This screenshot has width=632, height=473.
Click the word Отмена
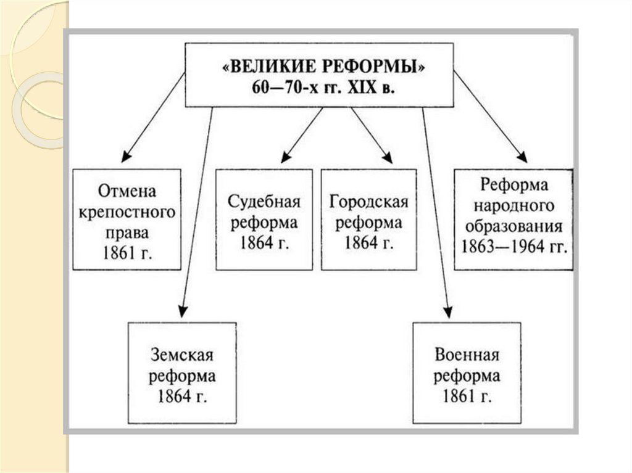pyautogui.click(x=127, y=189)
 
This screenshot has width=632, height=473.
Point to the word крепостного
pyautogui.click(x=127, y=212)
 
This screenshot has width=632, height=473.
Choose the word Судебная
pyautogui.click(x=264, y=201)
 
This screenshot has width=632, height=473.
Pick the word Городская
pyautogui.click(x=369, y=201)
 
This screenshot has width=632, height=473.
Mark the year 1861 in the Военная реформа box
pyautogui.click(x=459, y=397)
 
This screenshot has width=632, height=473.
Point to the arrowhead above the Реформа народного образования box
pyautogui.click(x=522, y=157)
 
